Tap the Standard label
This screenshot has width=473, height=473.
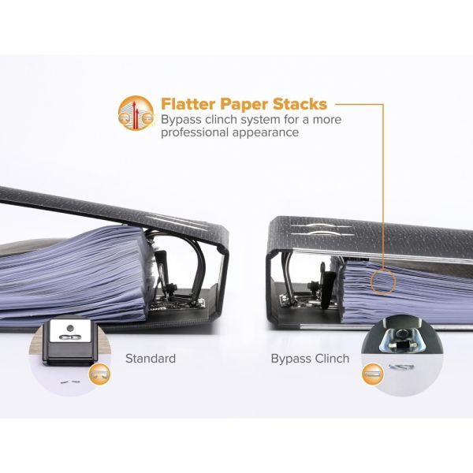(151, 359)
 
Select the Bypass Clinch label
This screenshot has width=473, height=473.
(310, 359)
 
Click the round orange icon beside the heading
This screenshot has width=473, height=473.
(136, 113)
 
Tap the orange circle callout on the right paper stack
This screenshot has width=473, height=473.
(383, 281)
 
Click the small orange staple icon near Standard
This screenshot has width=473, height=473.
(99, 374)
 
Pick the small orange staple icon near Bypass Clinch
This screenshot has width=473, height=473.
(373, 374)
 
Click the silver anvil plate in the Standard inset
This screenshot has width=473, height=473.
(70, 331)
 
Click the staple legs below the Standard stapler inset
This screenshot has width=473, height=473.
(70, 382)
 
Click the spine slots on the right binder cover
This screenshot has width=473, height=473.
(320, 230)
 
